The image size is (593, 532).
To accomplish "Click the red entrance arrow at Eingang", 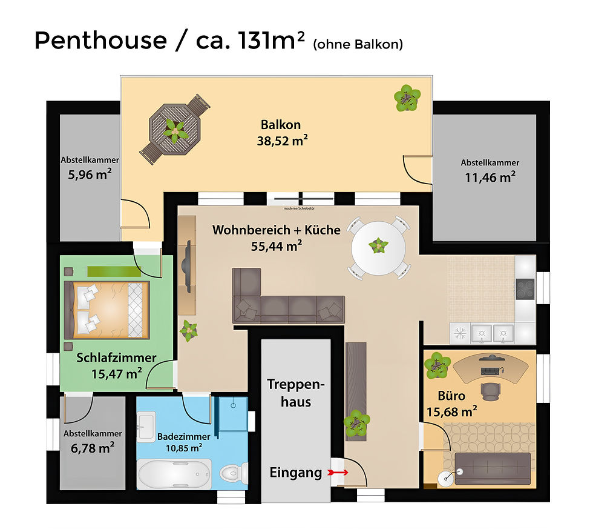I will (338, 472).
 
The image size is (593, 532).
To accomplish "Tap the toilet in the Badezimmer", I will (233, 472).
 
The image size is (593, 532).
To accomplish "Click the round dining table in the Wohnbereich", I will (379, 247).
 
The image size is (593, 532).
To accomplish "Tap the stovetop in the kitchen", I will (525, 289).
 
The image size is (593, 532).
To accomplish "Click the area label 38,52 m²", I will (281, 141).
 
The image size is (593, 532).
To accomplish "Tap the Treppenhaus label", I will (296, 393).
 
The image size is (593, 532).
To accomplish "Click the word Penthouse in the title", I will (100, 41).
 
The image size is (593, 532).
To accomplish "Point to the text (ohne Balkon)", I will (357, 44).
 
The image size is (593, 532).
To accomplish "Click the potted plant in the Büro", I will (436, 365).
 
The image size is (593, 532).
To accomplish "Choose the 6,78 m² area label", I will (93, 449).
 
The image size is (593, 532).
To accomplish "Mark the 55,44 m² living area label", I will (277, 245).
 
